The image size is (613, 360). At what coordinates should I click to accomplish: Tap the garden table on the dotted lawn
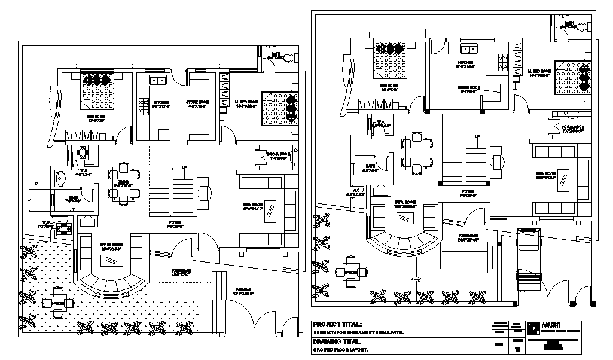click(58, 301)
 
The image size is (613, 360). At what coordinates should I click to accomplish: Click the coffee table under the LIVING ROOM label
click(111, 261)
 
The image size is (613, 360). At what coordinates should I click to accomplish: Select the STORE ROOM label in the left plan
click(198, 103)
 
